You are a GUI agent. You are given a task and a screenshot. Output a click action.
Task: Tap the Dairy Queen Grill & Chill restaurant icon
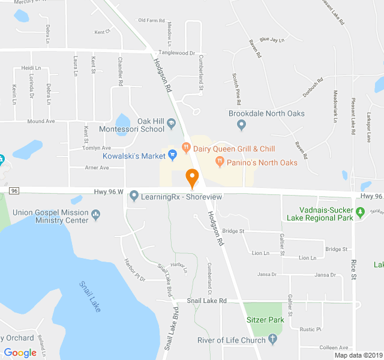pyautogui.click(x=186, y=146)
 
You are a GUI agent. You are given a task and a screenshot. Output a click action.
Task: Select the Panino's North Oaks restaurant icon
pyautogui.click(x=220, y=161)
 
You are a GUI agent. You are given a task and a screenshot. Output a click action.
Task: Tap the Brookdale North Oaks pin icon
pyautogui.click(x=241, y=125)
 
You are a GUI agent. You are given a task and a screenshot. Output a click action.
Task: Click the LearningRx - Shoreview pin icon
pyautogui.click(x=134, y=196)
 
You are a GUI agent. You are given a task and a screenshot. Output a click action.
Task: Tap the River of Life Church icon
pyautogui.click(x=273, y=340)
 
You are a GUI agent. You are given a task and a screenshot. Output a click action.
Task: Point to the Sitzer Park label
pyautogui.click(x=265, y=320)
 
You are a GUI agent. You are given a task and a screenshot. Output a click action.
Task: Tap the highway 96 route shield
pyautogui.click(x=15, y=191)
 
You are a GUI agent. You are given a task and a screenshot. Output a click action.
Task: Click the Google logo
pyautogui.click(x=20, y=353)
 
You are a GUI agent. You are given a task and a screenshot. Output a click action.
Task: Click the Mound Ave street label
pyautogui.click(x=41, y=121)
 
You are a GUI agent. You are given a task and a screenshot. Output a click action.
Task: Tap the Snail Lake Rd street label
pyautogui.click(x=206, y=301)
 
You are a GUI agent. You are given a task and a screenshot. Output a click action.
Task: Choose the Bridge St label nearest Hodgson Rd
pyautogui.click(x=233, y=230)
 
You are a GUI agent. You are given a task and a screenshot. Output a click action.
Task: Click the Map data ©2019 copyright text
pyautogui.click(x=358, y=355)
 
